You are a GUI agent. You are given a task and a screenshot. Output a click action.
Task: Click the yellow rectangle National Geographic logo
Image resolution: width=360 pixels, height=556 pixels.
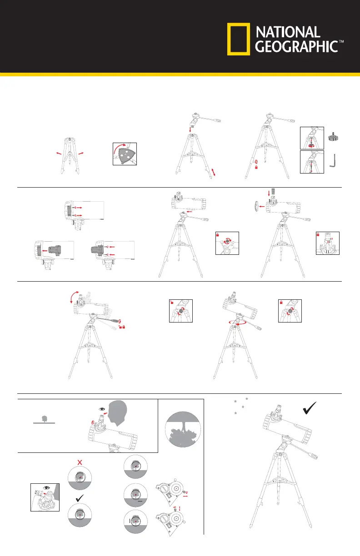239,39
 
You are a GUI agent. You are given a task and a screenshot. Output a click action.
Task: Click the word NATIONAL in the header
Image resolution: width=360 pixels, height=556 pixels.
288,32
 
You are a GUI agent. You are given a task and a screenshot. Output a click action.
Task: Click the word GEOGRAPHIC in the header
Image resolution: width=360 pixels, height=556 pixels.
296,46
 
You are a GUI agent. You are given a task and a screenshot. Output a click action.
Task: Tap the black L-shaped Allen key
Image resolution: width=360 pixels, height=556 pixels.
333,161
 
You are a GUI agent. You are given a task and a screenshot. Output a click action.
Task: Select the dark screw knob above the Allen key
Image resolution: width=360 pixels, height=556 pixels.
333,137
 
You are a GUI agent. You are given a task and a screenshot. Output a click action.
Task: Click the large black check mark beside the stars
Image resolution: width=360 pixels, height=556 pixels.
310,408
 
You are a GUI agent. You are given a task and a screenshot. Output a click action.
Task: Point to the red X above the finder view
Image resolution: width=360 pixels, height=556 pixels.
80,462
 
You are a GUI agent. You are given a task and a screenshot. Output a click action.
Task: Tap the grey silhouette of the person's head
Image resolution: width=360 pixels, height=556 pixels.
118,413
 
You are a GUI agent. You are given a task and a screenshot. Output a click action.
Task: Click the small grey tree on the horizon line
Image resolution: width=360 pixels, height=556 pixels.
45,419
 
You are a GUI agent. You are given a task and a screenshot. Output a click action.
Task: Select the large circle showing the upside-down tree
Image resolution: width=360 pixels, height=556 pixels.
183,429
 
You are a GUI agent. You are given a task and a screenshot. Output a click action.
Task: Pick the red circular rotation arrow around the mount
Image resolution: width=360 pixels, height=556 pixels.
238,323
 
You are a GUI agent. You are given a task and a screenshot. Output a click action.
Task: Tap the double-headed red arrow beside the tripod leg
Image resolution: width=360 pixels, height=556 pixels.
213,172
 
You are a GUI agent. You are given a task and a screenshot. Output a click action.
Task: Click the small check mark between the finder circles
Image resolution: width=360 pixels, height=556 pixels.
80,498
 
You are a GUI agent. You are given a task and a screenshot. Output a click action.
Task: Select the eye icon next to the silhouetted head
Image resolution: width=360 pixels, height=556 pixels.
102,409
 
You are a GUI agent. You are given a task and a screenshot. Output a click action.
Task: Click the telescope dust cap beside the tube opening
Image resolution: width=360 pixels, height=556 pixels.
256,206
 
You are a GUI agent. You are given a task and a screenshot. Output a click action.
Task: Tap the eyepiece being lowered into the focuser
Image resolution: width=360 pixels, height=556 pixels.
273,191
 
